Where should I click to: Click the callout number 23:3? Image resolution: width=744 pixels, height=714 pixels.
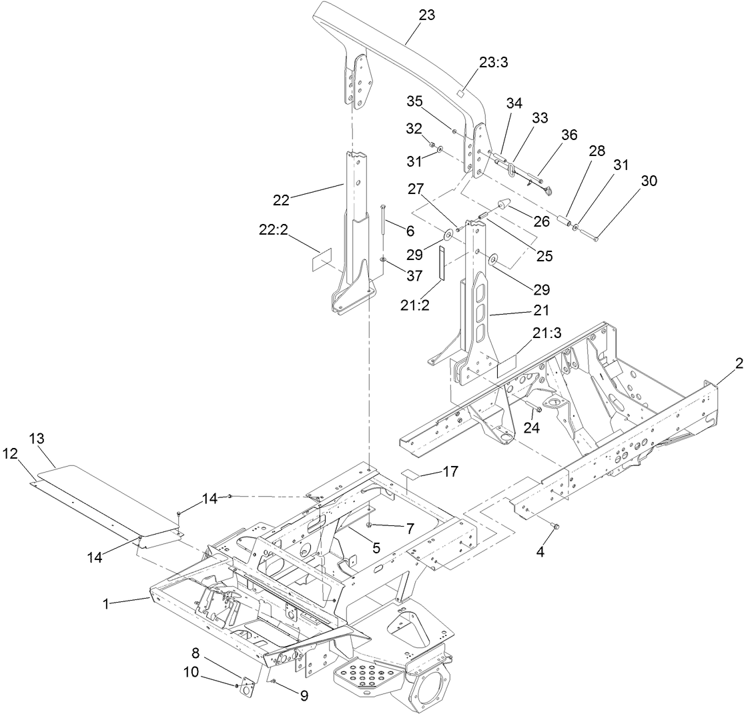click(493, 62)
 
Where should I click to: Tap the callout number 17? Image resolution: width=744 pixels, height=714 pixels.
click(450, 471)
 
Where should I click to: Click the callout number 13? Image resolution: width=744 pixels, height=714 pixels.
click(37, 438)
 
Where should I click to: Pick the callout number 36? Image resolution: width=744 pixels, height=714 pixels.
click(569, 134)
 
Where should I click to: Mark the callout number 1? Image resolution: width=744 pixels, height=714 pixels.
click(105, 603)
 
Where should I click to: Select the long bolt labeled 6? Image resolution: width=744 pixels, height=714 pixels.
click(382, 230)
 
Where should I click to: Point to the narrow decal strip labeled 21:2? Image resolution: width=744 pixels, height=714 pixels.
click(441, 263)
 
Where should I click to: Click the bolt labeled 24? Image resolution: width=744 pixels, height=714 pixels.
click(538, 409)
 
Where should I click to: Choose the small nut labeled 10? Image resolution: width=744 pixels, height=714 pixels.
click(237, 685)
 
